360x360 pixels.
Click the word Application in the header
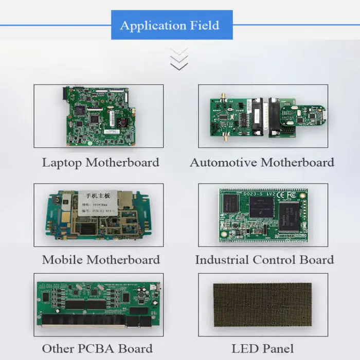tap(150, 25)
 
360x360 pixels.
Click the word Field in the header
tap(205, 25)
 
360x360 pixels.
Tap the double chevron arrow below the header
tap(179, 59)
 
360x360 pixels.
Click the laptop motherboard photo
tap(99, 115)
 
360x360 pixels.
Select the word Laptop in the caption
tap(62, 163)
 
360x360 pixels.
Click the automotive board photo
tap(263, 116)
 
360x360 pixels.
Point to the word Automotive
tap(223, 163)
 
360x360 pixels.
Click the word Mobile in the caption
tap(63, 259)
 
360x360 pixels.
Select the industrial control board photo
tap(262, 214)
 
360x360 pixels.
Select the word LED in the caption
tap(244, 349)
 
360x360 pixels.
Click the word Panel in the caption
tap(277, 349)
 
